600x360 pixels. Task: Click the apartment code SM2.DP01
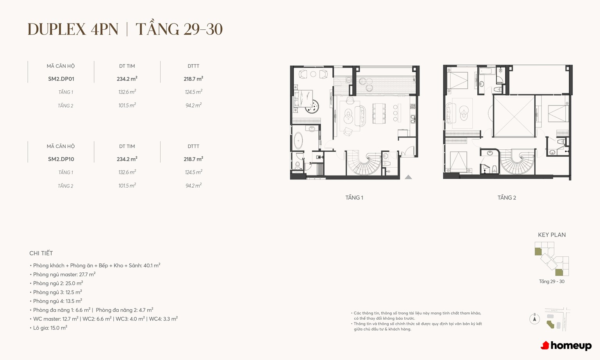(x=61, y=79)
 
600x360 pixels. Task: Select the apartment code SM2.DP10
(x=61, y=159)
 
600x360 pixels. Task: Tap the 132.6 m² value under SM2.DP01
(x=127, y=92)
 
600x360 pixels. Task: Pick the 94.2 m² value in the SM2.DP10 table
(x=193, y=186)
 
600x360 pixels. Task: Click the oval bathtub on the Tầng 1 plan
(x=298, y=140)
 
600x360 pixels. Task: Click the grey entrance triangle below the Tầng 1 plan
(x=408, y=177)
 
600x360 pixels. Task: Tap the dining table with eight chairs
(x=379, y=113)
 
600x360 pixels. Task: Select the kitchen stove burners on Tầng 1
(x=413, y=106)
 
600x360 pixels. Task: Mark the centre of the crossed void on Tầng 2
(x=514, y=116)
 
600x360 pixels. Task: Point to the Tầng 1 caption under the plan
(x=354, y=198)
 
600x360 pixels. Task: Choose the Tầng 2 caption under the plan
(x=507, y=198)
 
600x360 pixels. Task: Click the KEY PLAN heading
(x=552, y=235)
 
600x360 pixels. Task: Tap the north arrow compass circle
(x=535, y=319)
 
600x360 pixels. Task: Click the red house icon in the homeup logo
(x=545, y=346)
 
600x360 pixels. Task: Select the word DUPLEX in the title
(x=57, y=29)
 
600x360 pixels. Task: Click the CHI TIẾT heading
(x=41, y=253)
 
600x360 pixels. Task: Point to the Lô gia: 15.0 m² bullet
(x=48, y=328)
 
